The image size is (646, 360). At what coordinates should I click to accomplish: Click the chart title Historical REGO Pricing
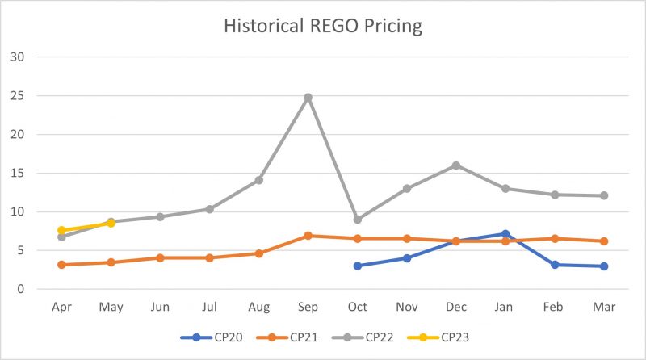pos(323,26)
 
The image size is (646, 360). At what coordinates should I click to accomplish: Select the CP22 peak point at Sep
pos(308,98)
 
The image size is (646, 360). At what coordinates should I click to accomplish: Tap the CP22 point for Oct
pos(357,220)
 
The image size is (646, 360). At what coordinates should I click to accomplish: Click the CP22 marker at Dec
pos(456,165)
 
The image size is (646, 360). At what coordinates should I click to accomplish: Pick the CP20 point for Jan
pos(505,234)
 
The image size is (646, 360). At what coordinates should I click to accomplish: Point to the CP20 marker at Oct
pos(357,266)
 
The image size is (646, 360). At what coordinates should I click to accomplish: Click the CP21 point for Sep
pos(308,236)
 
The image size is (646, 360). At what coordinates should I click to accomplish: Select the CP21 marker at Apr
pos(61,265)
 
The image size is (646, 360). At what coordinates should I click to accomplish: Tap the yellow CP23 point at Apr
pos(61,230)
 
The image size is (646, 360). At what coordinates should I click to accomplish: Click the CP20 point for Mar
pos(604,266)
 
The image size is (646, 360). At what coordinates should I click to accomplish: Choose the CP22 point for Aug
pos(258,180)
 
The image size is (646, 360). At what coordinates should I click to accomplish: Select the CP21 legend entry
pos(287,337)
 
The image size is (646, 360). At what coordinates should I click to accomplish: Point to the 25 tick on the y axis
pos(18,96)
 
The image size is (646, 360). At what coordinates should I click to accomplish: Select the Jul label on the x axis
pos(209,308)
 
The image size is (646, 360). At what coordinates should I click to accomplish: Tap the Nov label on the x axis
pos(407,308)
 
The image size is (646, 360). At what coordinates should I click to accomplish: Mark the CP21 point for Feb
pos(555,238)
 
